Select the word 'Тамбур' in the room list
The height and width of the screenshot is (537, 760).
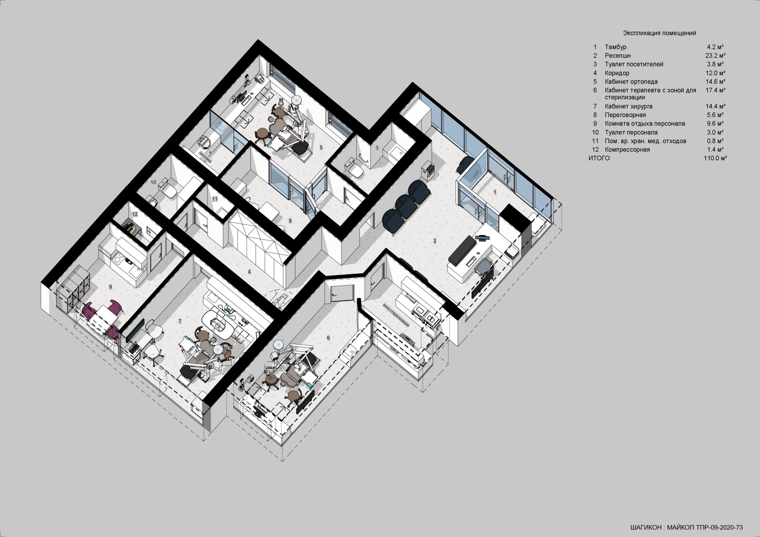point(616,47)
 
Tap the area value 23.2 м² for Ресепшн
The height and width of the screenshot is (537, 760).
point(715,55)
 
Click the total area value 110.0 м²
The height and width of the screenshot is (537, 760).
point(715,158)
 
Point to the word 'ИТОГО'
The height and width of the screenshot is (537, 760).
point(599,158)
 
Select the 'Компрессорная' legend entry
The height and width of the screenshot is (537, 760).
point(627,150)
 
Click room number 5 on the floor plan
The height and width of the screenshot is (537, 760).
point(321,147)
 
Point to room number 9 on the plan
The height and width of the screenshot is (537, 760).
point(110,287)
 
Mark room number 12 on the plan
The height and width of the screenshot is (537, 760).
point(135,215)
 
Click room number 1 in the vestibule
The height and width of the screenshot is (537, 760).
point(495,192)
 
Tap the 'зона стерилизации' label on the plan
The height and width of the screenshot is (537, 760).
point(396,315)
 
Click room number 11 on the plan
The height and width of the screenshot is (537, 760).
point(215,199)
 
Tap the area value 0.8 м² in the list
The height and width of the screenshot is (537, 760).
point(715,141)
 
